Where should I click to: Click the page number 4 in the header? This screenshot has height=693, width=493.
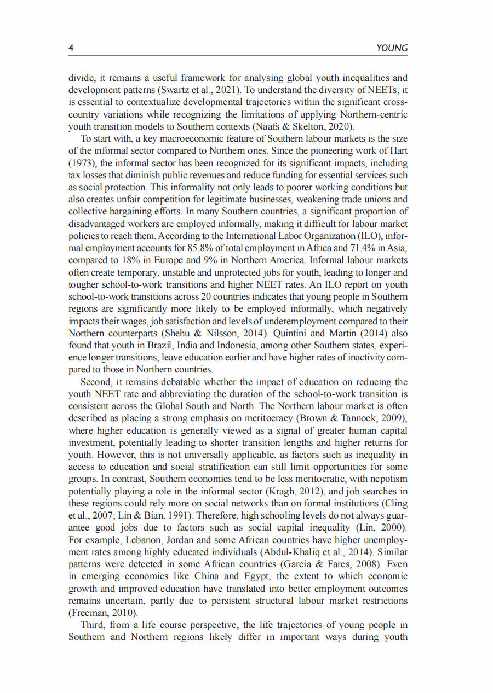coord(71,48)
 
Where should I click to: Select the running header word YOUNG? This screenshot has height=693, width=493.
coord(392,48)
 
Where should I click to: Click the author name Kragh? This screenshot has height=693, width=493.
coord(288,491)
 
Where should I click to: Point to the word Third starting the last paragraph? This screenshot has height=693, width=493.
coord(93,625)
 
